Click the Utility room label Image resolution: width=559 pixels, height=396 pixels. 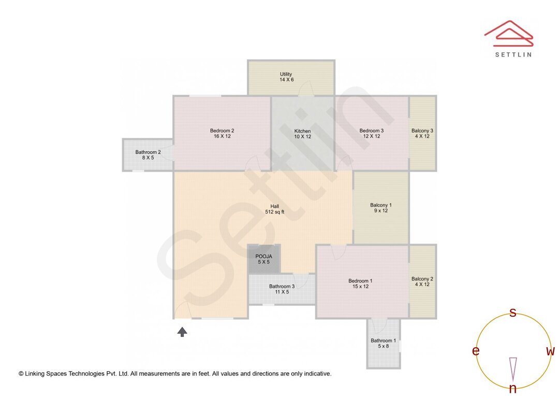[x=286, y=77]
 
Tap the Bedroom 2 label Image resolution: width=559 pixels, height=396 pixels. [x=222, y=133]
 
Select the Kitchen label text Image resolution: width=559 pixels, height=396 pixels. [x=303, y=133]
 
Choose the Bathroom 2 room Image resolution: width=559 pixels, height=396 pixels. [x=148, y=154]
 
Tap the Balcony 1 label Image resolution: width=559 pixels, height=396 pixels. [x=381, y=207]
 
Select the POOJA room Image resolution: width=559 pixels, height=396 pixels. [x=264, y=259]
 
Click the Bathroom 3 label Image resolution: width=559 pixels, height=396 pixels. [x=282, y=289]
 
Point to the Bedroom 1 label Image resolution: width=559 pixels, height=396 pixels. [x=360, y=284]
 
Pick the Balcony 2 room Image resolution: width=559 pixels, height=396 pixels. [x=422, y=281]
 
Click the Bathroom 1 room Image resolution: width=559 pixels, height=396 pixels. [x=383, y=343]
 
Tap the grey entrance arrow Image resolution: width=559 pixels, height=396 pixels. [x=182, y=332]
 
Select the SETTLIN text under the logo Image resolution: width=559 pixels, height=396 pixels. [x=513, y=54]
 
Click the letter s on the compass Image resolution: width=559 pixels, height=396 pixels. [x=513, y=313]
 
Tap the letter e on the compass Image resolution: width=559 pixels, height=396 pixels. [x=475, y=351]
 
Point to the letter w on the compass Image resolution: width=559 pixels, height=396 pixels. [x=550, y=351]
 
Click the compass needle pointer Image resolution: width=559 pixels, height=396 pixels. [x=513, y=369]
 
